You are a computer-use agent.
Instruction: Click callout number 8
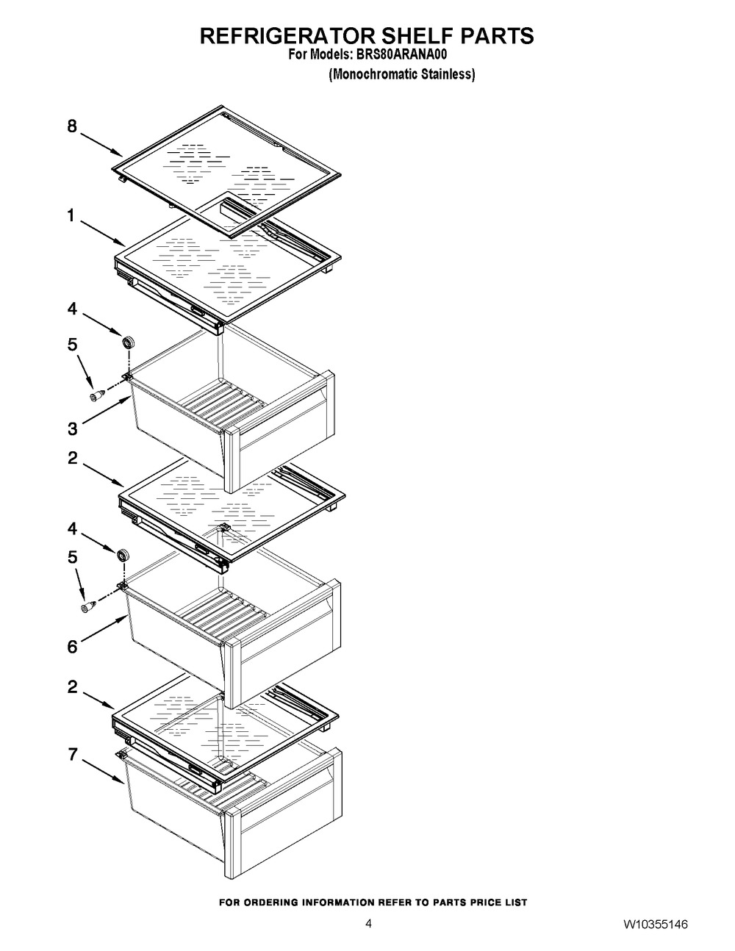pyautogui.click(x=72, y=126)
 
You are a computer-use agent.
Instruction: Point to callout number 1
pyautogui.click(x=71, y=215)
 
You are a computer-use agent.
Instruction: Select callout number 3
pyautogui.click(x=72, y=428)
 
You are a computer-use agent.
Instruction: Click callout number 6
pyautogui.click(x=72, y=647)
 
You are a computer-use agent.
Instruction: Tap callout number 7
pyautogui.click(x=72, y=754)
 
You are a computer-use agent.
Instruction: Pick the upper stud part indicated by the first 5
pyautogui.click(x=96, y=395)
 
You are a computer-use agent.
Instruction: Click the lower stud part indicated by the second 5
pyautogui.click(x=89, y=606)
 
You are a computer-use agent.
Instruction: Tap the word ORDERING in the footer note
pyautogui.click(x=270, y=902)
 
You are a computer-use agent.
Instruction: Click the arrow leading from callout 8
pyautogui.click(x=101, y=145)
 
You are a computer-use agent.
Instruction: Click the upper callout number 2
pyautogui.click(x=72, y=458)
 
